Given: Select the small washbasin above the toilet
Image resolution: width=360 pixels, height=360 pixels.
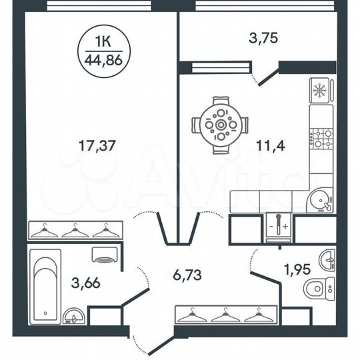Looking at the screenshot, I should pyautogui.click(x=327, y=259).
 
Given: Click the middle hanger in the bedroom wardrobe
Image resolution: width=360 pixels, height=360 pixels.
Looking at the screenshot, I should pyautogui.click(x=73, y=231).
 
